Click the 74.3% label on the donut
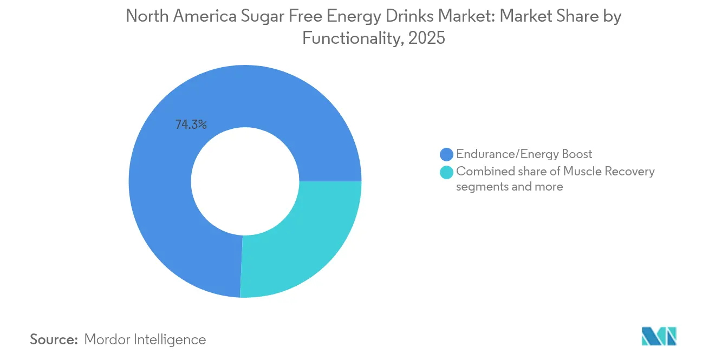click(x=191, y=125)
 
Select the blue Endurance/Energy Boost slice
click(x=162, y=217)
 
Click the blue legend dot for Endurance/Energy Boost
click(x=447, y=155)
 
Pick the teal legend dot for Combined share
click(x=447, y=172)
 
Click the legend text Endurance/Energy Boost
click(x=524, y=154)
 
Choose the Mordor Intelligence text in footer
click(x=145, y=339)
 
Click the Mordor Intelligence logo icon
click(x=659, y=336)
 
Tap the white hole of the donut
click(x=245, y=181)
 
